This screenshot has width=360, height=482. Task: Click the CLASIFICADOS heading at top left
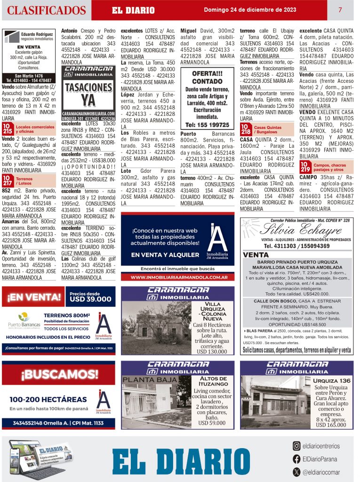pos(47,10)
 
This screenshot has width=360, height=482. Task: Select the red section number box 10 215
pos(8,129)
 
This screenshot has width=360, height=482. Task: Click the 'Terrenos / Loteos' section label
pos(24,181)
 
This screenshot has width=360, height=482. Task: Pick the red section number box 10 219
pos(305,166)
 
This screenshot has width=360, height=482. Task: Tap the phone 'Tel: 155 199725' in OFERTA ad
pos(208,125)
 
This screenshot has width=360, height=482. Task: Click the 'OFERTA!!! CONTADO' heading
pos(208,78)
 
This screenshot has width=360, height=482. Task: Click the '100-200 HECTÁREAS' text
pos(48,399)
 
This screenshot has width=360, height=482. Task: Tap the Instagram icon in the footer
pos(296,446)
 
